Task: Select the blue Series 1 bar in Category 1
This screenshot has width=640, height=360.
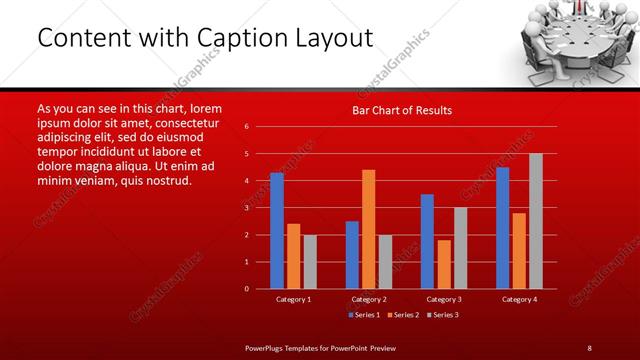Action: pyautogui.click(x=277, y=230)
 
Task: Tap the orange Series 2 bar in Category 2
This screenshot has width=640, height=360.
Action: pyautogui.click(x=368, y=229)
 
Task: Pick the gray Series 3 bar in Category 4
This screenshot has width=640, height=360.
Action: pyautogui.click(x=536, y=221)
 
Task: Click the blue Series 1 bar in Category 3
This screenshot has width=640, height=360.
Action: pyautogui.click(x=427, y=241)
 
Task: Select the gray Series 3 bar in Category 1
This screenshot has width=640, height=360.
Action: pyautogui.click(x=310, y=261)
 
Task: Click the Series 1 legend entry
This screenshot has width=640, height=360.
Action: pyautogui.click(x=364, y=315)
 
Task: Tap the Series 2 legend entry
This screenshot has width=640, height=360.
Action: pyautogui.click(x=404, y=315)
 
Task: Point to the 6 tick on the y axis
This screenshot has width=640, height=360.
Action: pyautogui.click(x=246, y=127)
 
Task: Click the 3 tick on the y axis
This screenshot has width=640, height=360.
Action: pyautogui.click(x=246, y=208)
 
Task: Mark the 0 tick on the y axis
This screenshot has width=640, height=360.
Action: pyautogui.click(x=246, y=289)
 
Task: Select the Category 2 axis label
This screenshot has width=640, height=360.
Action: pyautogui.click(x=368, y=299)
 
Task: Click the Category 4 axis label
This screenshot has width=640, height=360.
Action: pyautogui.click(x=519, y=299)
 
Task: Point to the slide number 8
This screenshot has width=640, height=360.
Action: pyautogui.click(x=589, y=347)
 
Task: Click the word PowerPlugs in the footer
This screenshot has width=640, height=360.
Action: pyautogui.click(x=266, y=347)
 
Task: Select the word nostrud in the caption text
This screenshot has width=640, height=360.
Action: pyautogui.click(x=165, y=180)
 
